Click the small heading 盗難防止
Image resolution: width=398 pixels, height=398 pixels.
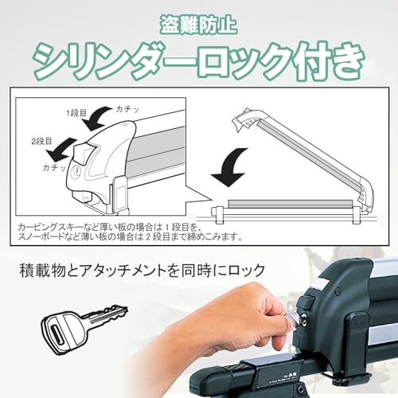tap(198, 20)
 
